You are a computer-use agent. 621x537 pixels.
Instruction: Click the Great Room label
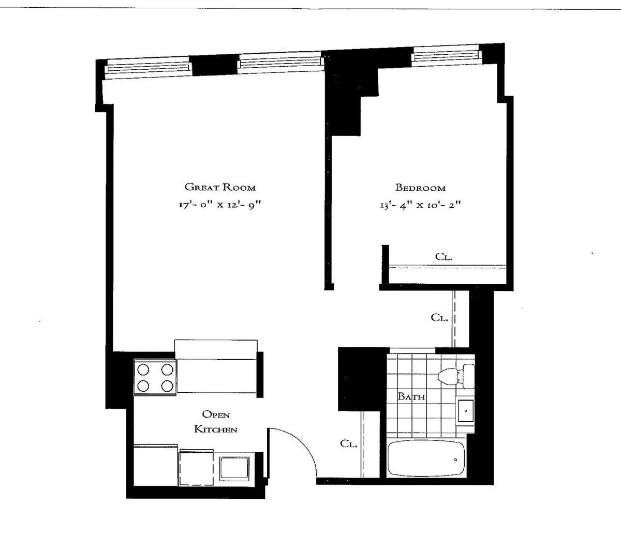(x=220, y=187)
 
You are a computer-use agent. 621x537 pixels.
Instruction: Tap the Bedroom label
(x=420, y=188)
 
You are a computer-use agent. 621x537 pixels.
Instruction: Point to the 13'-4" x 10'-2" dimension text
(x=420, y=205)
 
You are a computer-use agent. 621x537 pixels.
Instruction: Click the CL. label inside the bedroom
(x=444, y=256)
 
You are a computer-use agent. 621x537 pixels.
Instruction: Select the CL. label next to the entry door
(x=349, y=443)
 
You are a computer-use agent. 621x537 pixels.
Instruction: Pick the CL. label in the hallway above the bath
(x=439, y=317)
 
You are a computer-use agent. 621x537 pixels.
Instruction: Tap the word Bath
(x=411, y=396)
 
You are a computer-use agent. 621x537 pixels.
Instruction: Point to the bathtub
(x=425, y=459)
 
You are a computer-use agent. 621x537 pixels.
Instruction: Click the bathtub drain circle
(x=455, y=459)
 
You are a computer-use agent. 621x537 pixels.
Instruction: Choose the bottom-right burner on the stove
(x=167, y=385)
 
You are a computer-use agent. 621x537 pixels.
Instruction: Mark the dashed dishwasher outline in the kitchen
(x=197, y=467)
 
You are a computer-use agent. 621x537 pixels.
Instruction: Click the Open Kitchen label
(x=216, y=422)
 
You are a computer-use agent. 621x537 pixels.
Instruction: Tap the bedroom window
(x=446, y=55)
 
